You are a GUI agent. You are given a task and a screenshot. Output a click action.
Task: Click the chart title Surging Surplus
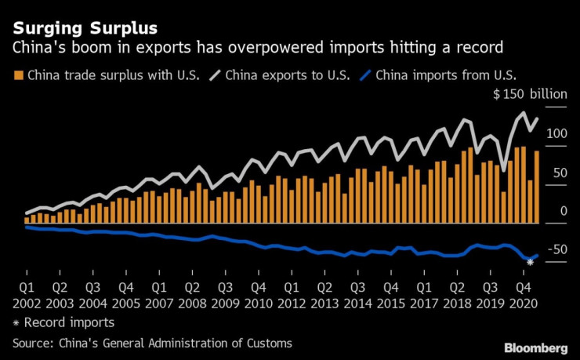click(x=85, y=29)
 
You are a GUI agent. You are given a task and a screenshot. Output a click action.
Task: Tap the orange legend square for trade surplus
click(x=18, y=75)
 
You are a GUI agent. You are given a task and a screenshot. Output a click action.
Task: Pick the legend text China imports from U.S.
click(x=450, y=75)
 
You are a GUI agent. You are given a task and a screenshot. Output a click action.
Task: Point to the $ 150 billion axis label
click(x=528, y=96)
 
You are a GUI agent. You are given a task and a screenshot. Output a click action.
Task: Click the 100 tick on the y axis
click(x=556, y=134)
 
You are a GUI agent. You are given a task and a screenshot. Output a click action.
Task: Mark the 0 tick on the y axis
click(x=564, y=211)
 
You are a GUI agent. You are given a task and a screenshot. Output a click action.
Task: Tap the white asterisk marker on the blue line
click(x=531, y=262)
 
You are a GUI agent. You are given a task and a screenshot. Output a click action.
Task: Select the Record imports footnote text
click(x=69, y=322)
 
